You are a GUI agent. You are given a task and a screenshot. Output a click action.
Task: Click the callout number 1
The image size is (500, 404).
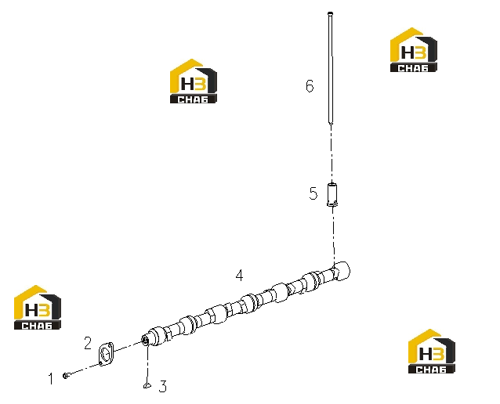point(51,379)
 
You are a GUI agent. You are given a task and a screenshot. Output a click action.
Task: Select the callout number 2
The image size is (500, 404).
point(88,343)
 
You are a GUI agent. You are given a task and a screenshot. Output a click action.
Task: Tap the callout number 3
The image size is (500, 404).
point(163,386)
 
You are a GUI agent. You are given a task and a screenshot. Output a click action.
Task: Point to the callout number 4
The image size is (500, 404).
point(240,276)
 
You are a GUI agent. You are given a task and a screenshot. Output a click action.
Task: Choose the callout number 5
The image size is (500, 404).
point(313,193)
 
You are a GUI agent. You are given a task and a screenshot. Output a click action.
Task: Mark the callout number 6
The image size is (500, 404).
point(310,86)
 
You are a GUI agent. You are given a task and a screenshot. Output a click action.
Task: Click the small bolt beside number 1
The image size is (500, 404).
point(65,376)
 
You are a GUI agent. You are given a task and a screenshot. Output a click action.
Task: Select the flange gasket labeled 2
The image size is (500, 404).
point(106,354)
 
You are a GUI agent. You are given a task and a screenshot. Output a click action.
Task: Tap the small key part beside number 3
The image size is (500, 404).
point(147,385)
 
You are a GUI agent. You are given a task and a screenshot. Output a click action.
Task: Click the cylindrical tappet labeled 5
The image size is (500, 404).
point(332,194)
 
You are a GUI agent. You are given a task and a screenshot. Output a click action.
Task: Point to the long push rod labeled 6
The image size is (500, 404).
point(331,68)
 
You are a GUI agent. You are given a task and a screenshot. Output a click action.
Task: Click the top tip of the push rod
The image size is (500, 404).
point(331,13)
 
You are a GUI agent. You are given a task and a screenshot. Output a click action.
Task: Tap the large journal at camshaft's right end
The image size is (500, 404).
point(341,271)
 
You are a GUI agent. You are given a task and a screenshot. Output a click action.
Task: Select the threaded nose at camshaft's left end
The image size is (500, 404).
point(145,341)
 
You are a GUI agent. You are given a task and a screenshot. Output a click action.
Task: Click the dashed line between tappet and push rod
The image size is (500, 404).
point(332,153)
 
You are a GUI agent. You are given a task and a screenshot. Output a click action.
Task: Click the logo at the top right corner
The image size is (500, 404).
point(414,49)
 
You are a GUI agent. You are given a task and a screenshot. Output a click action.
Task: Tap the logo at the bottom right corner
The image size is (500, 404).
point(432,351)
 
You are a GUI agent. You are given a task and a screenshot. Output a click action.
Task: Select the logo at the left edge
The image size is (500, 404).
point(38,307)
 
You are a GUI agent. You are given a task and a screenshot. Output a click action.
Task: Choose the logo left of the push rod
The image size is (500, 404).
point(194,81)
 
